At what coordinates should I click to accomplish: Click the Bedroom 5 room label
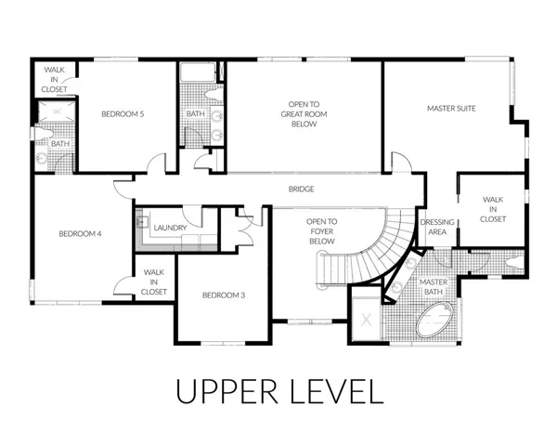pos(123,114)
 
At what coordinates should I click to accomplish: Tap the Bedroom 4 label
pos(80,234)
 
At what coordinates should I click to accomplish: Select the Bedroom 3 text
pos(224,295)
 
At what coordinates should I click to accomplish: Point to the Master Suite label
pos(451,109)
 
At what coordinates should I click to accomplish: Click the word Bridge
pos(301,190)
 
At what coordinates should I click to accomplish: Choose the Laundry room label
pos(170,228)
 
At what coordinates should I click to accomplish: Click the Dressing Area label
pos(437,227)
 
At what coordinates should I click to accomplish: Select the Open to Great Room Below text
pos(304,114)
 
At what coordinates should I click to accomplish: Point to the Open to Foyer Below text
pos(321,231)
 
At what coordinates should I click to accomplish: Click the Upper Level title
pos(280,391)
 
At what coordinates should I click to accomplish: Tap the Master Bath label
pos(434,287)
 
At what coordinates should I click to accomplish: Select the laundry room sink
pos(139,222)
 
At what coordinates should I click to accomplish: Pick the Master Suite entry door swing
pos(401,163)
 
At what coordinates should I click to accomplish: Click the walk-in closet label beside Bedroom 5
pos(55,80)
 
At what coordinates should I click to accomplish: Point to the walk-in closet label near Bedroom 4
pos(154,282)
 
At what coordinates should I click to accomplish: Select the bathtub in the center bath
pos(198,72)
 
